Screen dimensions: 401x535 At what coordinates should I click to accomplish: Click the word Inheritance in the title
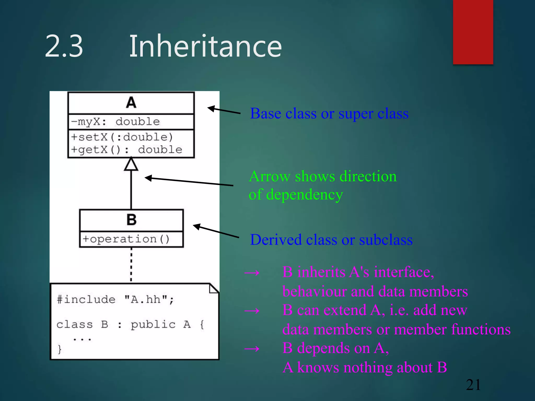pyautogui.click(x=205, y=46)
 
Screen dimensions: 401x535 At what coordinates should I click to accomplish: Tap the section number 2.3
pyautogui.click(x=64, y=46)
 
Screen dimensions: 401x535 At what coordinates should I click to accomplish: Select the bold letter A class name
pyautogui.click(x=131, y=102)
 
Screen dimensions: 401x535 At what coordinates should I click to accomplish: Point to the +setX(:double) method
pyautogui.click(x=122, y=137)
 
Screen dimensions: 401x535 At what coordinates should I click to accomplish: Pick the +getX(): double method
pyautogui.click(x=126, y=150)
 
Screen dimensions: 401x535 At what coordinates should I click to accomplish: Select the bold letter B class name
pyautogui.click(x=131, y=220)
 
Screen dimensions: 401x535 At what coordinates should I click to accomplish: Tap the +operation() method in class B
pyautogui.click(x=126, y=239)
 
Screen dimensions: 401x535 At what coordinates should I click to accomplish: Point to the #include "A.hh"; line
pyautogui.click(x=115, y=299)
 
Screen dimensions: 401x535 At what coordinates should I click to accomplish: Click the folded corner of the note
pyautogui.click(x=214, y=288)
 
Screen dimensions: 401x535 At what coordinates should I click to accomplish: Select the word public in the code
pyautogui.click(x=153, y=325)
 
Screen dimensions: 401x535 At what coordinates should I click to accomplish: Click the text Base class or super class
pyautogui.click(x=329, y=114)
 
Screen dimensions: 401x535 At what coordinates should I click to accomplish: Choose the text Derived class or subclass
pyautogui.click(x=331, y=240)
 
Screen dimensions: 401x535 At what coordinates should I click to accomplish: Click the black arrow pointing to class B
pyautogui.click(x=216, y=231)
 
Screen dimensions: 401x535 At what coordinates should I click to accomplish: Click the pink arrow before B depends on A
pyautogui.click(x=252, y=349)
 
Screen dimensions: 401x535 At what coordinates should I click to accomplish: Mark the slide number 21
pyautogui.click(x=473, y=385)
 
